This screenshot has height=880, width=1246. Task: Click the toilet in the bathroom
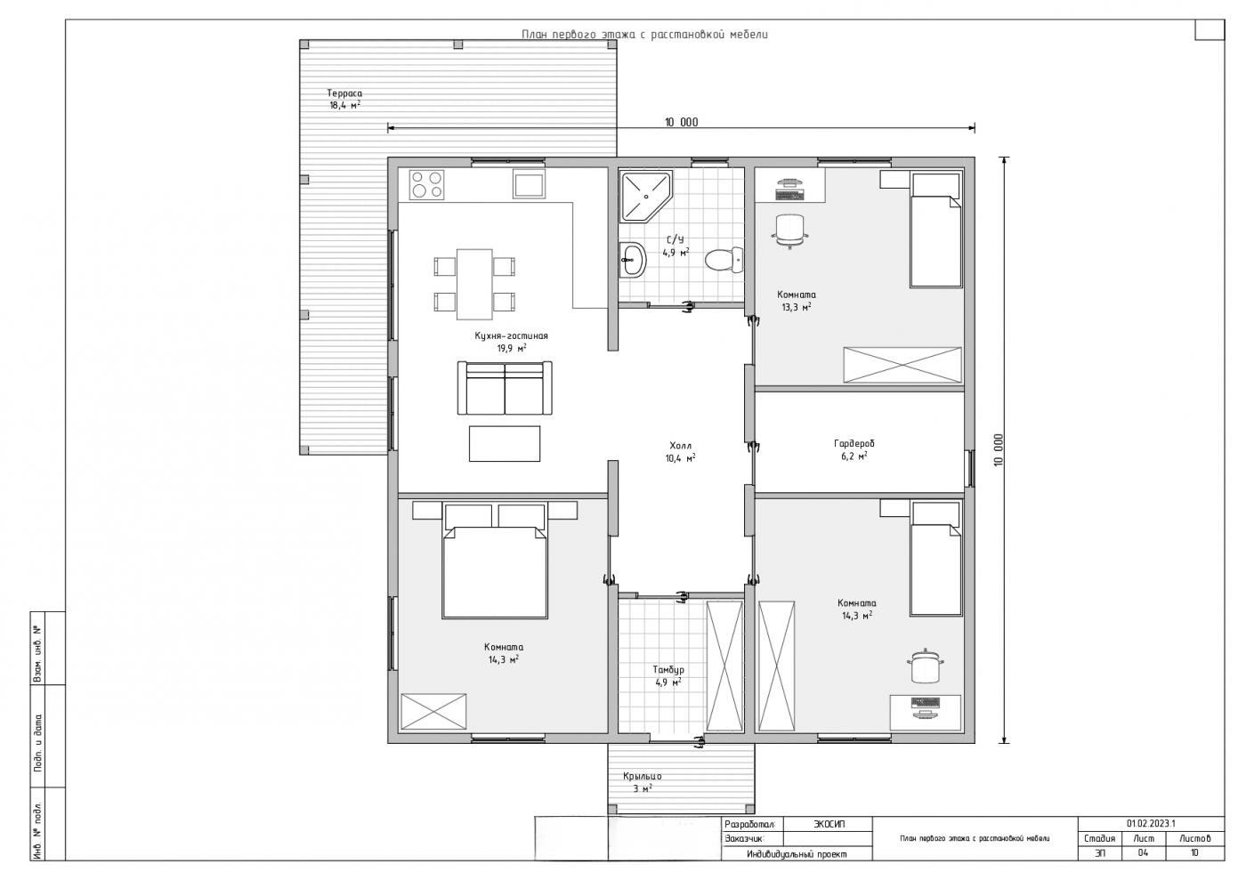[x=724, y=259]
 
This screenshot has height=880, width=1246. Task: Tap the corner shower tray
[x=644, y=197]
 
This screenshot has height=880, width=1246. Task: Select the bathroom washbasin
[x=633, y=259]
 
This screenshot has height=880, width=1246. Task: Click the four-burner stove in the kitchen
[x=426, y=184]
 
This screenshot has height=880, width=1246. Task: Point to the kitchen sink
[x=529, y=184]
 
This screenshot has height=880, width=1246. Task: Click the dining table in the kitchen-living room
[x=474, y=284]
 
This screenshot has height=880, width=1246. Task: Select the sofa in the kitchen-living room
[x=505, y=388]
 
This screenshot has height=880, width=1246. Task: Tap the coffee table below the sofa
[x=505, y=443]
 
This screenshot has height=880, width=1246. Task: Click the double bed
[x=495, y=561]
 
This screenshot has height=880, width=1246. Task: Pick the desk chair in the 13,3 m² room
[x=789, y=230]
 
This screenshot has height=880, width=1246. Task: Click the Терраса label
[x=344, y=93]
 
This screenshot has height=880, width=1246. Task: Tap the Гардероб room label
[x=854, y=443]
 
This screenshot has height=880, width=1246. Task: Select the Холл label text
[x=680, y=446]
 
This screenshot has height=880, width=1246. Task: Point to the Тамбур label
[x=668, y=670]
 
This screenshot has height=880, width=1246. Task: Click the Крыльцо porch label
[x=643, y=776]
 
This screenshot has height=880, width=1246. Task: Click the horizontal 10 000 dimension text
[x=682, y=123]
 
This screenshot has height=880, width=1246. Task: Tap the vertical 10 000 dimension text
[x=998, y=449]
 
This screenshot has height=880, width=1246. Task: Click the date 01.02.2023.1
[x=1151, y=824]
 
